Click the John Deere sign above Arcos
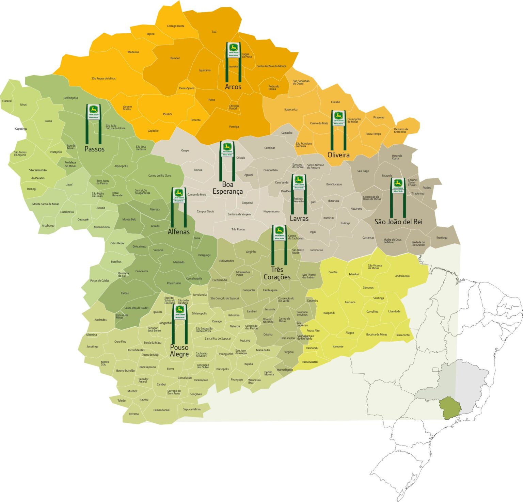[x=233, y=50]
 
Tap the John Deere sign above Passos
[x=93, y=112]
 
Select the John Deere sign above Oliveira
[x=338, y=118]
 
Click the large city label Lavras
[x=299, y=218]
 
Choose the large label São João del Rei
[x=398, y=222]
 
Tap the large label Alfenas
[x=178, y=232]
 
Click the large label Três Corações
[x=277, y=273]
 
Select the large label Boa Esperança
[x=227, y=188]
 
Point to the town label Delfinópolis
[x=70, y=98]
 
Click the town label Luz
[x=214, y=32]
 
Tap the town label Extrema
[x=133, y=414]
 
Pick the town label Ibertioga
[x=442, y=238]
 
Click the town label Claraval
[x=7, y=101]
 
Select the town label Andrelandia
[x=402, y=276]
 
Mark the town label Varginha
[x=251, y=252]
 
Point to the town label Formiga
[x=234, y=127]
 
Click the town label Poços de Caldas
[x=100, y=281]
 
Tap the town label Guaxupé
[x=83, y=220]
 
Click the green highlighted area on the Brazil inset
[x=450, y=408]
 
